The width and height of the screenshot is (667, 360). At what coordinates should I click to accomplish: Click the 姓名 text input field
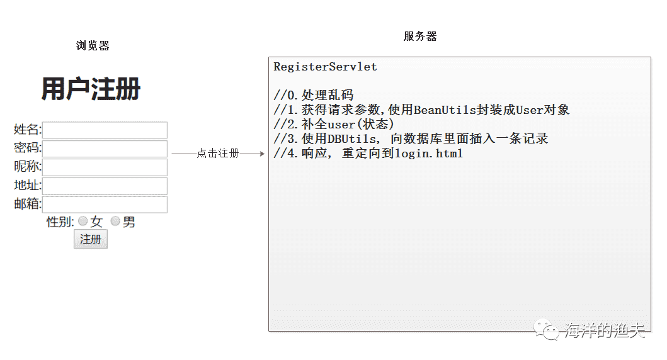coord(105,130)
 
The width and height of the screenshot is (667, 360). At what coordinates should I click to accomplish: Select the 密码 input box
coord(105,149)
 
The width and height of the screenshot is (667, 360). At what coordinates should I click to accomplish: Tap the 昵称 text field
coord(105,167)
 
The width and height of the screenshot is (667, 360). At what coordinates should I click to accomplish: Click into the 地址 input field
coord(105,186)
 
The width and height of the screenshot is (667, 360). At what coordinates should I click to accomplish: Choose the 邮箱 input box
coord(105,205)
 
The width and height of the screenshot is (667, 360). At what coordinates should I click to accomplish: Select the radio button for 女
coord(83,221)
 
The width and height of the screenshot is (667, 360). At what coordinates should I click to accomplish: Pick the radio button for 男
coord(115,221)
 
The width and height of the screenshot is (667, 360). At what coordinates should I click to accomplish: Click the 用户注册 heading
coord(91,89)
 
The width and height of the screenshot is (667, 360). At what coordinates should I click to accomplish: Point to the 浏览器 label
coord(93,45)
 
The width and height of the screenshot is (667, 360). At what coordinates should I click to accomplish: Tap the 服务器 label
coord(420,36)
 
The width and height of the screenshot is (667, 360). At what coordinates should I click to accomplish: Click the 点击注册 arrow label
coord(218,153)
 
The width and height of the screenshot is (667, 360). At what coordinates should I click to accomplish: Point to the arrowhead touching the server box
coord(262,154)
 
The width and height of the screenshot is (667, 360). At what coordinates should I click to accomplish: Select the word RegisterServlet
coord(325,67)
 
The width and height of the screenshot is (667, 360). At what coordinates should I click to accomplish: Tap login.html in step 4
coord(429,154)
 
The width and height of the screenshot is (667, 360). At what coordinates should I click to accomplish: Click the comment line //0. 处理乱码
coord(314,95)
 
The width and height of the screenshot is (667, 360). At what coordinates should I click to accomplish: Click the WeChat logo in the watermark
coord(547,329)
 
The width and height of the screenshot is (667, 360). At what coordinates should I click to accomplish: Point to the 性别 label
coord(60,222)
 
